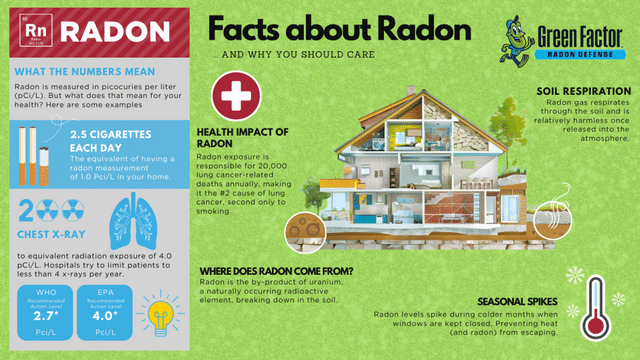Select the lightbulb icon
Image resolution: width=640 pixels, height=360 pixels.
point(160,312)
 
